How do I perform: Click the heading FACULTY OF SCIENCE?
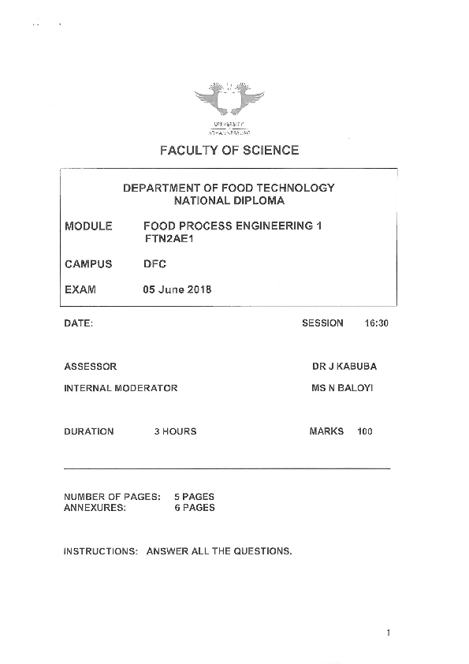229,150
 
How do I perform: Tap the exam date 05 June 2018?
177,289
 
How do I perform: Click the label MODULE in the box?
88,226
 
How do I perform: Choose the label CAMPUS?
88,264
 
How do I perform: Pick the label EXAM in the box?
80,289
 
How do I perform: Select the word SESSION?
323,323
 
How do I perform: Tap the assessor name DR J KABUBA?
344,367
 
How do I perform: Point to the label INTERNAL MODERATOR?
121,388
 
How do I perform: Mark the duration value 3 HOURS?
175,431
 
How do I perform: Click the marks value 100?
364,431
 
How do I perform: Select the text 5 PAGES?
194,497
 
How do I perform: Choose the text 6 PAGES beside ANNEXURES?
194,508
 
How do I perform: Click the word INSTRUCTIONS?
101,551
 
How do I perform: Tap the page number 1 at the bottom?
389,633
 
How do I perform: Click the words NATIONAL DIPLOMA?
229,201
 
